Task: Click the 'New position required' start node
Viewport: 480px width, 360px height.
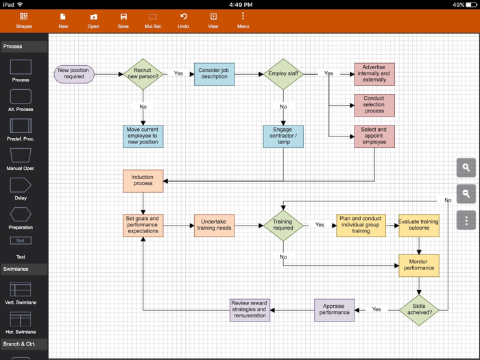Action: [x=74, y=73]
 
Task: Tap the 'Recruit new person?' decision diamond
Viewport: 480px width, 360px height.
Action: [x=143, y=74]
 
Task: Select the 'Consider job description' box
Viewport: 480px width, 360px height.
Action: [x=214, y=73]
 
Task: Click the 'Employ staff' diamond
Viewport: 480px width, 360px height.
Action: [x=283, y=74]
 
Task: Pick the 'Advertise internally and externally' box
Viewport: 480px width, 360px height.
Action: [x=374, y=74]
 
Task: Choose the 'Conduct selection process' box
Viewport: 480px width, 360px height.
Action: [x=374, y=106]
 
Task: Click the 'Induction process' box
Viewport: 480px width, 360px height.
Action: [x=143, y=181]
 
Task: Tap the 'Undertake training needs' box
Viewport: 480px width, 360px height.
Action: [x=215, y=225]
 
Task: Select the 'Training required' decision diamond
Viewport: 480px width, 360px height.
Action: [x=283, y=225]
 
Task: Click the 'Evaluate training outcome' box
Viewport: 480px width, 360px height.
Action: [x=419, y=226]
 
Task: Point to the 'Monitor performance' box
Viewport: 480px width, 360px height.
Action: [x=419, y=265]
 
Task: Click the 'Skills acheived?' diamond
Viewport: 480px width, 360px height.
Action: [x=419, y=310]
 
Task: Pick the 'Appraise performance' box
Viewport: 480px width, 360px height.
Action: [x=335, y=310]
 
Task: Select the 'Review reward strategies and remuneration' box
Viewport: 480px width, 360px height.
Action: [x=250, y=310]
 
